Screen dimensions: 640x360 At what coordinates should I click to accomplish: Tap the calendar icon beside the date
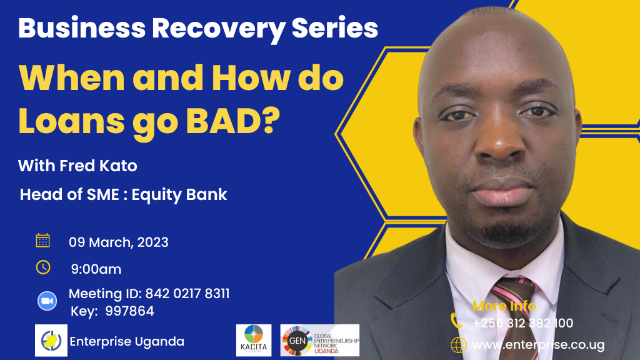[x=43, y=241]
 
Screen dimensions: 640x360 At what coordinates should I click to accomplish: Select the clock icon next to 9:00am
[x=43, y=267]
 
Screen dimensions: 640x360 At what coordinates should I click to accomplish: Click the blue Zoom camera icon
[x=47, y=301]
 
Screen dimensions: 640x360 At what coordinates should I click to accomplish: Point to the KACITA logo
[x=254, y=340]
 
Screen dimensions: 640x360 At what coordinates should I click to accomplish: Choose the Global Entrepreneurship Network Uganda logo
[x=319, y=340]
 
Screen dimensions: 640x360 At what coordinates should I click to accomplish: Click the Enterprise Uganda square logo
[x=51, y=341]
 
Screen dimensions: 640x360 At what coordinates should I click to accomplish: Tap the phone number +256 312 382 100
[x=523, y=323]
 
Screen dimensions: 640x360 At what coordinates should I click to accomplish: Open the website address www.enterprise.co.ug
[x=538, y=345]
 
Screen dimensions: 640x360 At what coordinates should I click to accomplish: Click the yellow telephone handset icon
[x=456, y=321]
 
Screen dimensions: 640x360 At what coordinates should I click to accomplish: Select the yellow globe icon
[x=458, y=345]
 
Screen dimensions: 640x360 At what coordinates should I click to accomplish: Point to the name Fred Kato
[x=98, y=166]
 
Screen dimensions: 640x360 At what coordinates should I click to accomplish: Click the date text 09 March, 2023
[x=118, y=242]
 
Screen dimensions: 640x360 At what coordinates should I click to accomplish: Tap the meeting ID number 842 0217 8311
[x=187, y=294]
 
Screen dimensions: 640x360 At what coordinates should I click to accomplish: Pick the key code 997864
[x=130, y=311]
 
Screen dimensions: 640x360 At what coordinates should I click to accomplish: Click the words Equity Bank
[x=179, y=195]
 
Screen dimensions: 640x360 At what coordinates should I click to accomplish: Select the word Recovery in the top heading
[x=218, y=29]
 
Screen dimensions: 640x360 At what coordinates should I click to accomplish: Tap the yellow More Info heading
[x=504, y=306]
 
